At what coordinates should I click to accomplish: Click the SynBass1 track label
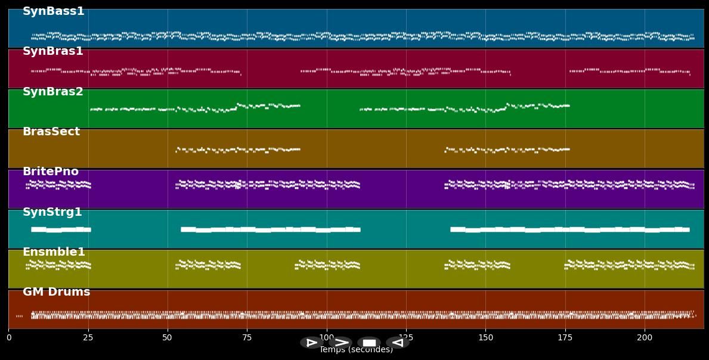pos(53,11)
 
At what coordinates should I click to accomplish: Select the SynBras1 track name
pos(52,51)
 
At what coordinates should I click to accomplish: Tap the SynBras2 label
pos(52,92)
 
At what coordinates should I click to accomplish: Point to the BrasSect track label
pos(51,132)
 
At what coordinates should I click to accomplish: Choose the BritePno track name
pos(50,172)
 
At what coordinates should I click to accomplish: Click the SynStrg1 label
pos(52,212)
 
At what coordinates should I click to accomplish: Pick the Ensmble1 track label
pos(54,252)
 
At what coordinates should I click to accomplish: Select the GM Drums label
pos(56,292)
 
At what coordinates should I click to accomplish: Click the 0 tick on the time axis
pos(8,338)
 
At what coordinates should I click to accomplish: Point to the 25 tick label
pos(88,338)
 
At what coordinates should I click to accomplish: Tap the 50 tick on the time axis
pos(168,338)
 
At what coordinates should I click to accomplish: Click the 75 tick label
pos(247,338)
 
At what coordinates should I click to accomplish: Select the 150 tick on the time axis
pos(485,338)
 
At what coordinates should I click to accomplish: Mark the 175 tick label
pos(565,338)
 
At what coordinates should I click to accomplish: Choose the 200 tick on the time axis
pos(645,338)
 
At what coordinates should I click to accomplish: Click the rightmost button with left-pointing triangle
pos(397,343)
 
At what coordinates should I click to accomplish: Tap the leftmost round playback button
pos(311,343)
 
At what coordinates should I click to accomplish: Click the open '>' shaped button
pos(340,343)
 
